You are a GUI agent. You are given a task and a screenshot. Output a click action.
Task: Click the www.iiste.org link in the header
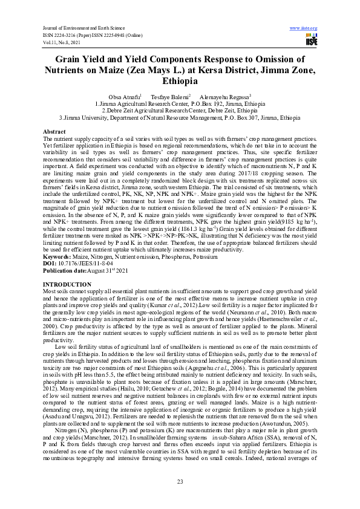point(304,28)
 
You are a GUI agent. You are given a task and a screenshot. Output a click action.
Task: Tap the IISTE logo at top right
point(311,40)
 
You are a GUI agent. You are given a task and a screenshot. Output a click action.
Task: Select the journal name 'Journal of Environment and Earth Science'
point(82,28)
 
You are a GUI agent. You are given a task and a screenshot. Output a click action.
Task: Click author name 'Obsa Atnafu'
point(124,97)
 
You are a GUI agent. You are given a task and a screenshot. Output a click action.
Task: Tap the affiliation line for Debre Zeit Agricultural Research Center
point(180,111)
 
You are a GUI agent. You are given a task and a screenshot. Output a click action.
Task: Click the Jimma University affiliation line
point(180,117)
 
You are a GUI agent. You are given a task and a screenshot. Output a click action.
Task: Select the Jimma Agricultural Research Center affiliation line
point(180,104)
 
